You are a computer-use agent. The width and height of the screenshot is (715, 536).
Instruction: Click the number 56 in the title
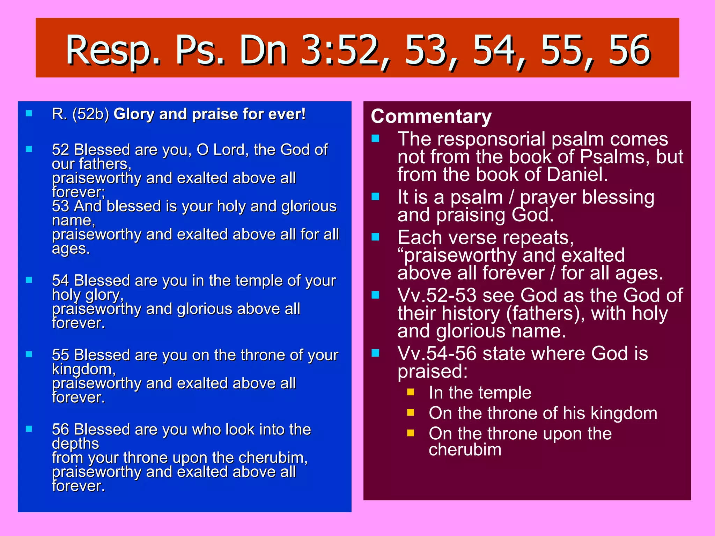629,51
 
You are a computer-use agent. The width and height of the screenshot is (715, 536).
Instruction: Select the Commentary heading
431,116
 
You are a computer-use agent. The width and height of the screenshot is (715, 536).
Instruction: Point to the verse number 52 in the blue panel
61,150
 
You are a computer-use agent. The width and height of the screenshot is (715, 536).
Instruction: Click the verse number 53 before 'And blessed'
61,206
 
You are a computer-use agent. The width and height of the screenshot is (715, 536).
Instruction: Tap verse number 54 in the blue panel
61,281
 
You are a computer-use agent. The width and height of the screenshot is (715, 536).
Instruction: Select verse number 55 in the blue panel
61,355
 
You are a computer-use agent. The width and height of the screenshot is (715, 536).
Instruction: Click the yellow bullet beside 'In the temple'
411,392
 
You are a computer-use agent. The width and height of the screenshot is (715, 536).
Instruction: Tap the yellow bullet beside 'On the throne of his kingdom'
411,413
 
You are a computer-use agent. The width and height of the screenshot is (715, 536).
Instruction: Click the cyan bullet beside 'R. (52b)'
29,113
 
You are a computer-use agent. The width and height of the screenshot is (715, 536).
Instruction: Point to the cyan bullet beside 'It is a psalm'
375,196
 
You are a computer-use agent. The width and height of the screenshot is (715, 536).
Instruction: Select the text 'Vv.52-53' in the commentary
437,296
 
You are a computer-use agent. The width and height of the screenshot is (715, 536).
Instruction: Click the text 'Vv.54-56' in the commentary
437,353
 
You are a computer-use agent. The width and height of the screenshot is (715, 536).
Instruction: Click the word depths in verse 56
75,444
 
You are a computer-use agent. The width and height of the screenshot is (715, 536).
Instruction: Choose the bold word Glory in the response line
134,114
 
